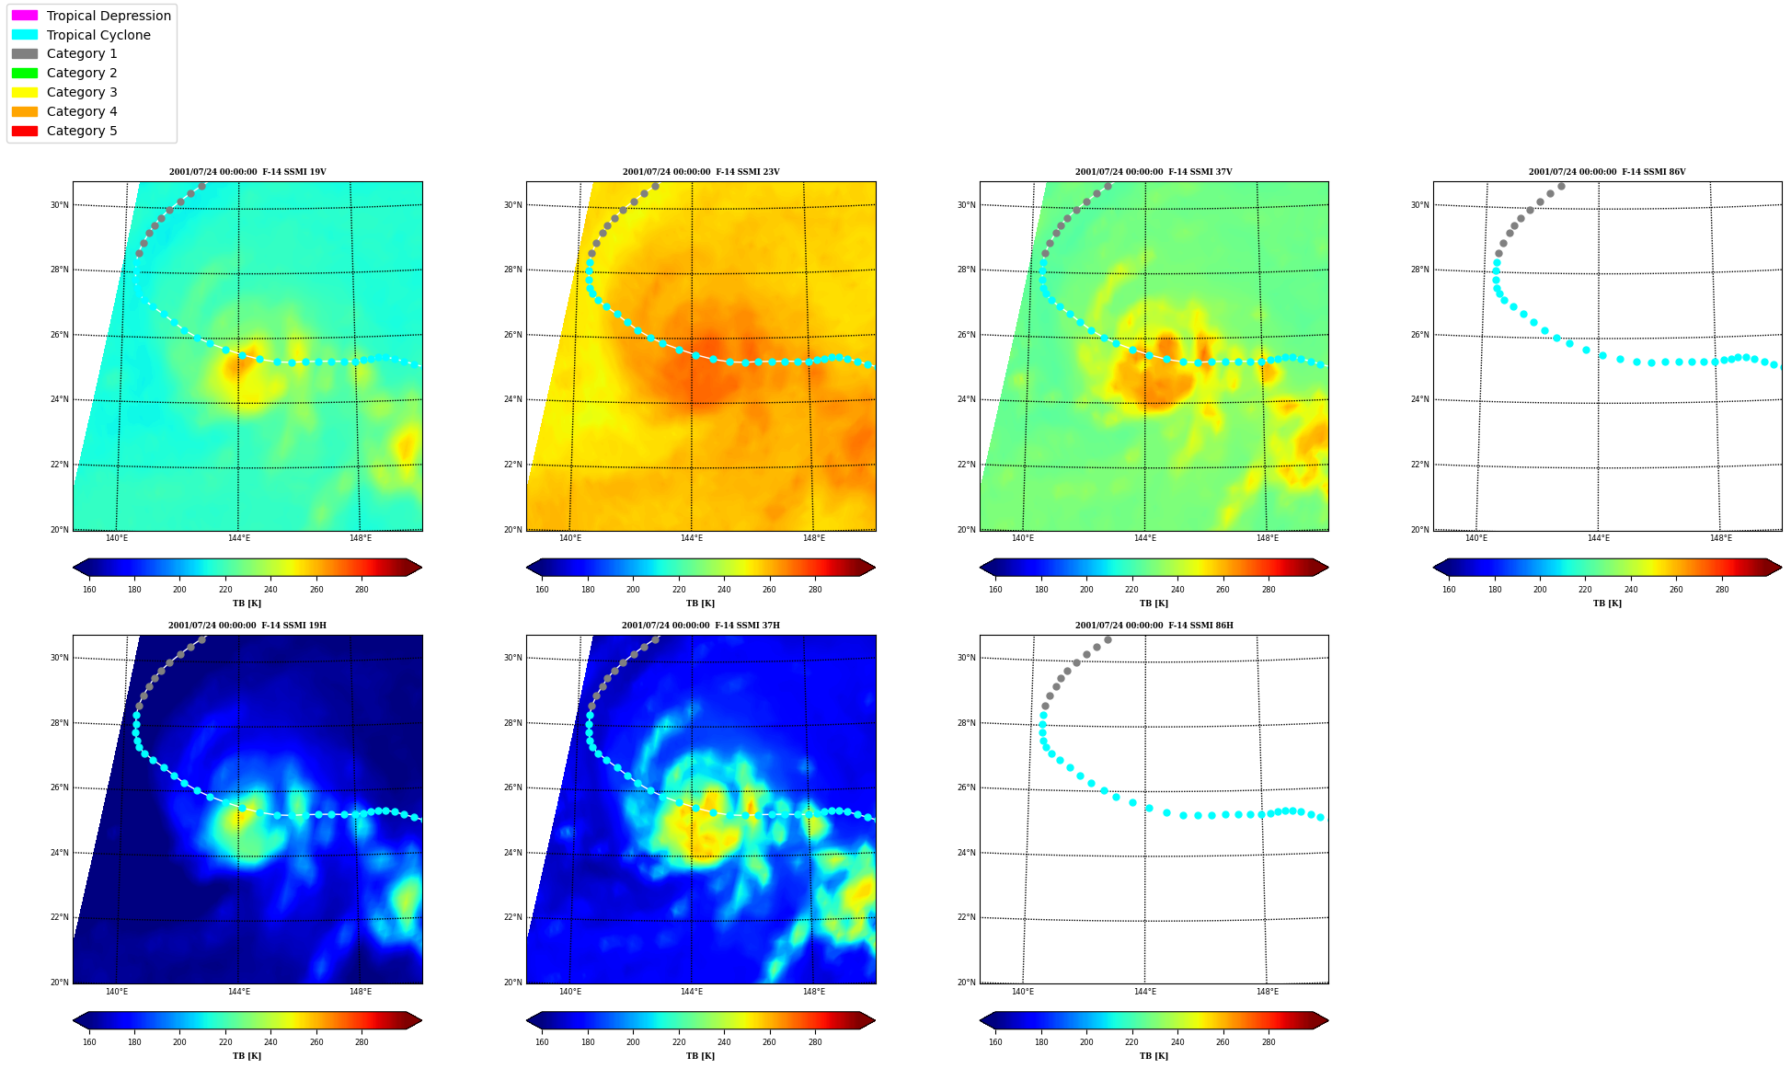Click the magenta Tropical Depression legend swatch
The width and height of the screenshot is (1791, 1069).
tap(25, 16)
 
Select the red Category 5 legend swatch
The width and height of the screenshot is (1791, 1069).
tap(25, 131)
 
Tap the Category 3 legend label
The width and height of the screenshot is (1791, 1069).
tap(82, 92)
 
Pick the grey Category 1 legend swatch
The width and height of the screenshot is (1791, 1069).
tap(25, 53)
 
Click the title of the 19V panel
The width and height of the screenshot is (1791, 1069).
tap(247, 172)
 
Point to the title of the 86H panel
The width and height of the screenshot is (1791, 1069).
tap(1154, 626)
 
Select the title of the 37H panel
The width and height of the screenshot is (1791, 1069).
tap(701, 626)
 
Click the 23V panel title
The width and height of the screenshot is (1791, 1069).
tap(701, 172)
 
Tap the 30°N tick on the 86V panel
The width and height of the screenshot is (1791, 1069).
tap(1420, 205)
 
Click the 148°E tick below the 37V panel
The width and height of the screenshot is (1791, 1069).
tap(1268, 538)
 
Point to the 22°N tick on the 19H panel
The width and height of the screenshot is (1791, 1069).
tap(60, 917)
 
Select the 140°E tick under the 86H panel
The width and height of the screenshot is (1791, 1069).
tap(1023, 992)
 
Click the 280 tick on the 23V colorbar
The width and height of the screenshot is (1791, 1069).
tap(815, 590)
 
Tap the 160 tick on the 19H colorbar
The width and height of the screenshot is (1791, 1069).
tap(89, 1042)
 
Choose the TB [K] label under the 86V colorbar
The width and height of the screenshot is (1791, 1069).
tap(1608, 603)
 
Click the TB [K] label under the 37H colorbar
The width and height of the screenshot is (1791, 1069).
tap(701, 1056)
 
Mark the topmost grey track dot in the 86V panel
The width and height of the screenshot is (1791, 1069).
tap(1561, 186)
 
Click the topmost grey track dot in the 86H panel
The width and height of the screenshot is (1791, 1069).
tap(1108, 639)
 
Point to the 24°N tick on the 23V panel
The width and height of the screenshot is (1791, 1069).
tap(513, 399)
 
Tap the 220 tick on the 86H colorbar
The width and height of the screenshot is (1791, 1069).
tap(1131, 1042)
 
